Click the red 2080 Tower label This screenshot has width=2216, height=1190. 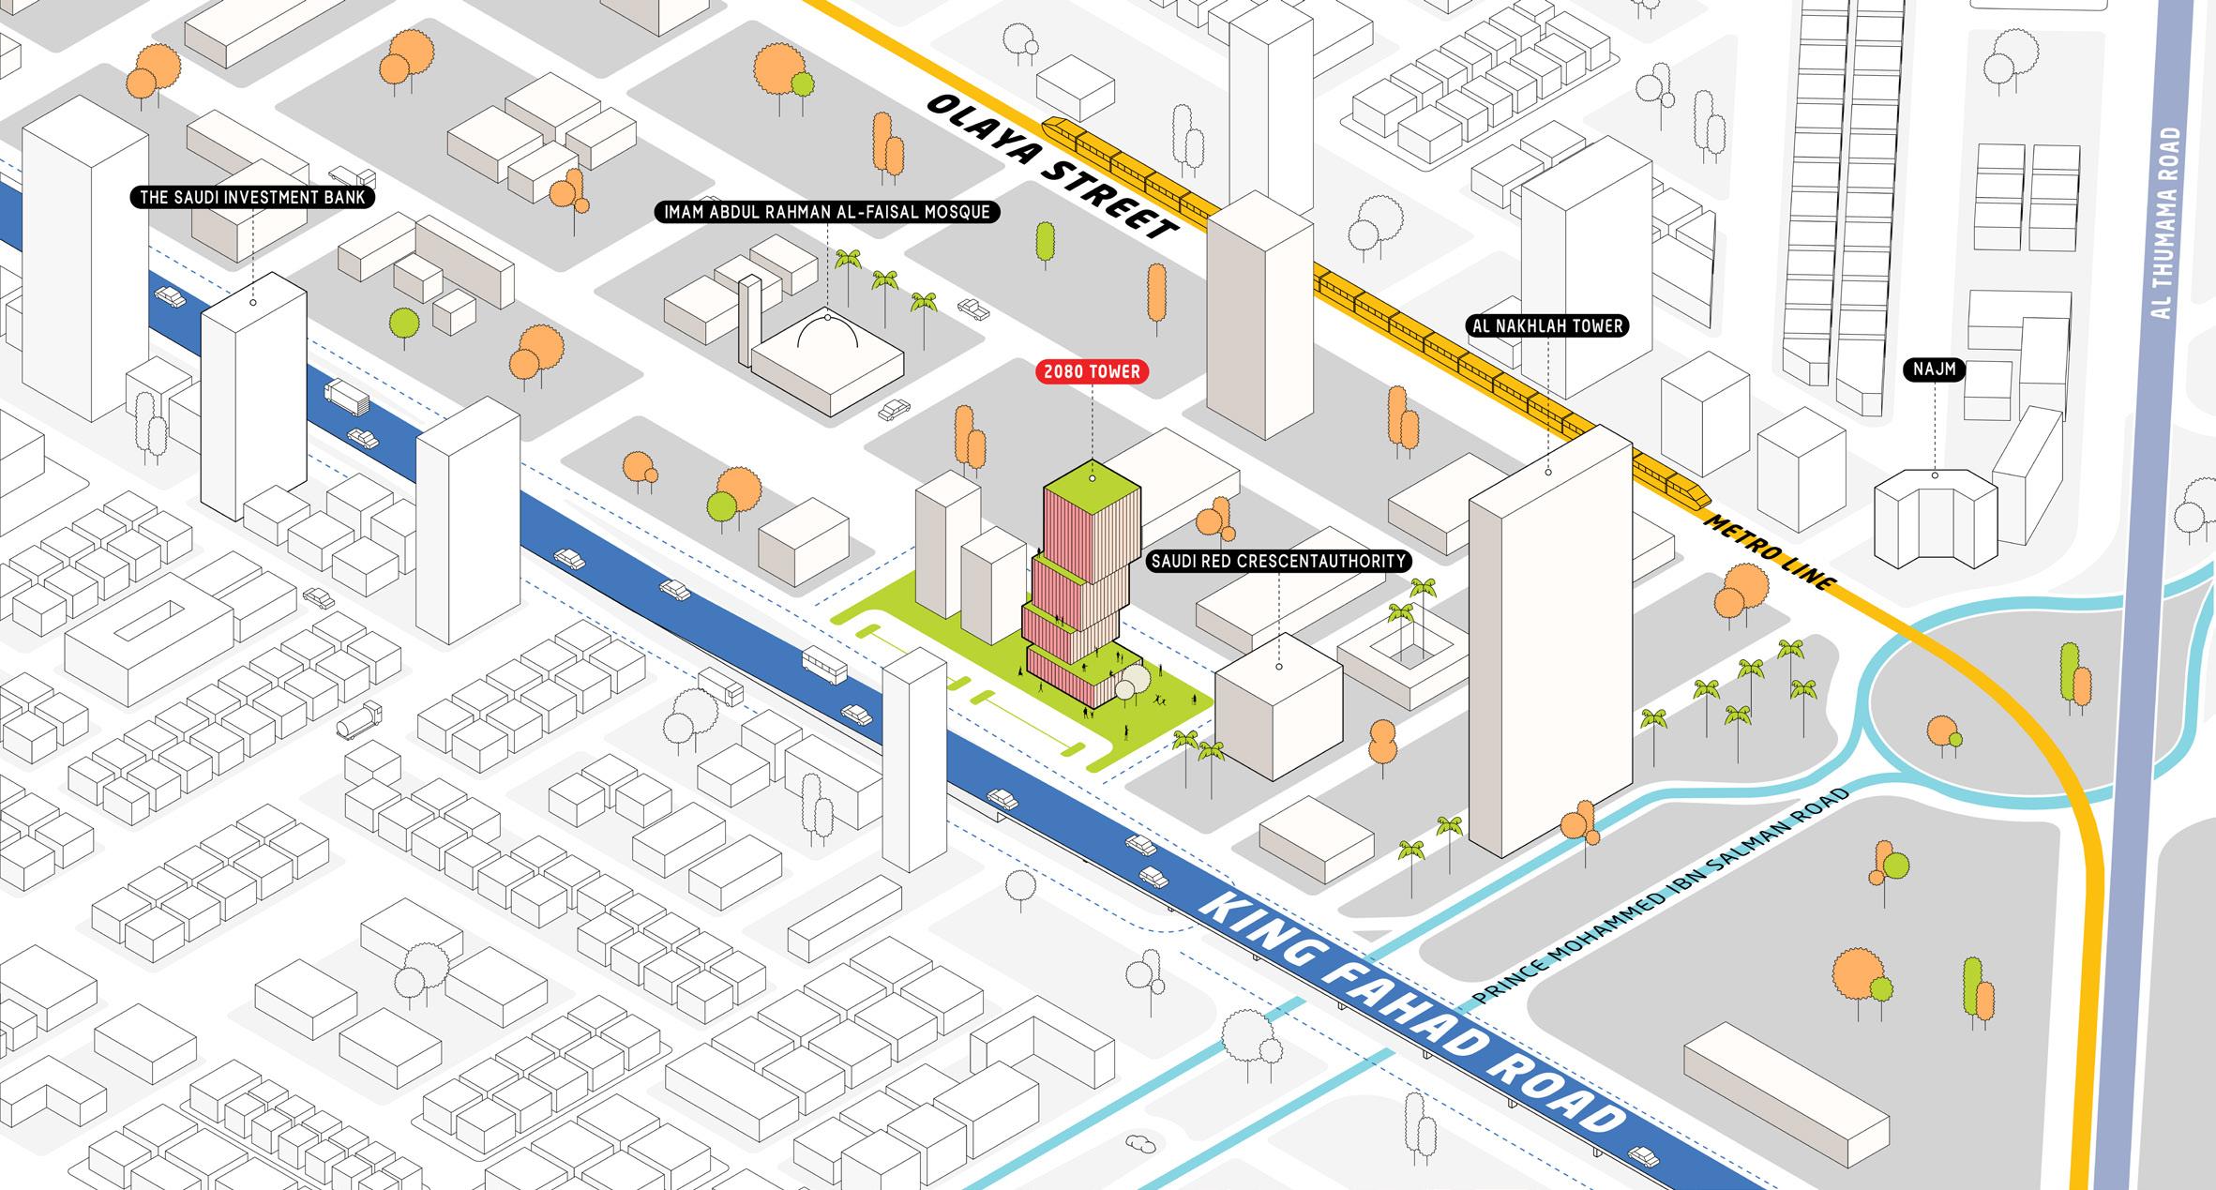pyautogui.click(x=1092, y=372)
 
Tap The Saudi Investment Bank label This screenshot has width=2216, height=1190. pyautogui.click(x=252, y=198)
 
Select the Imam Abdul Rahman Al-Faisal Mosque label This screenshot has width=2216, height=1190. pyautogui.click(x=826, y=212)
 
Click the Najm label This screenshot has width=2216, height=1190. pyautogui.click(x=1934, y=369)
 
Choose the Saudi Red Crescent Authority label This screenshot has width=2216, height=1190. pyautogui.click(x=1279, y=562)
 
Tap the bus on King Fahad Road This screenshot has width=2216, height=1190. pyautogui.click(x=825, y=664)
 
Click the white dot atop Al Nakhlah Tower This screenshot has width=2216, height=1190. pyautogui.click(x=1547, y=472)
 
